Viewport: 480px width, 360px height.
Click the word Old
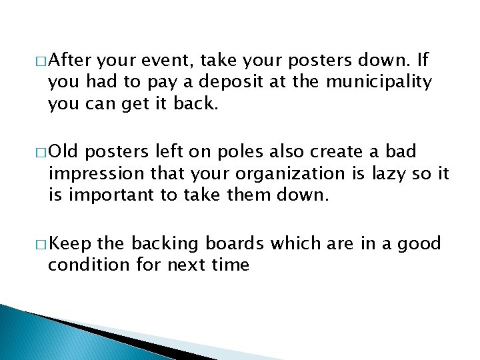[63, 152]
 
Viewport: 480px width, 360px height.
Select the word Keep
[70, 243]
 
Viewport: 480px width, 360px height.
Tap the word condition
[81, 265]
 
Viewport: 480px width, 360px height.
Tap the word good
[420, 243]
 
